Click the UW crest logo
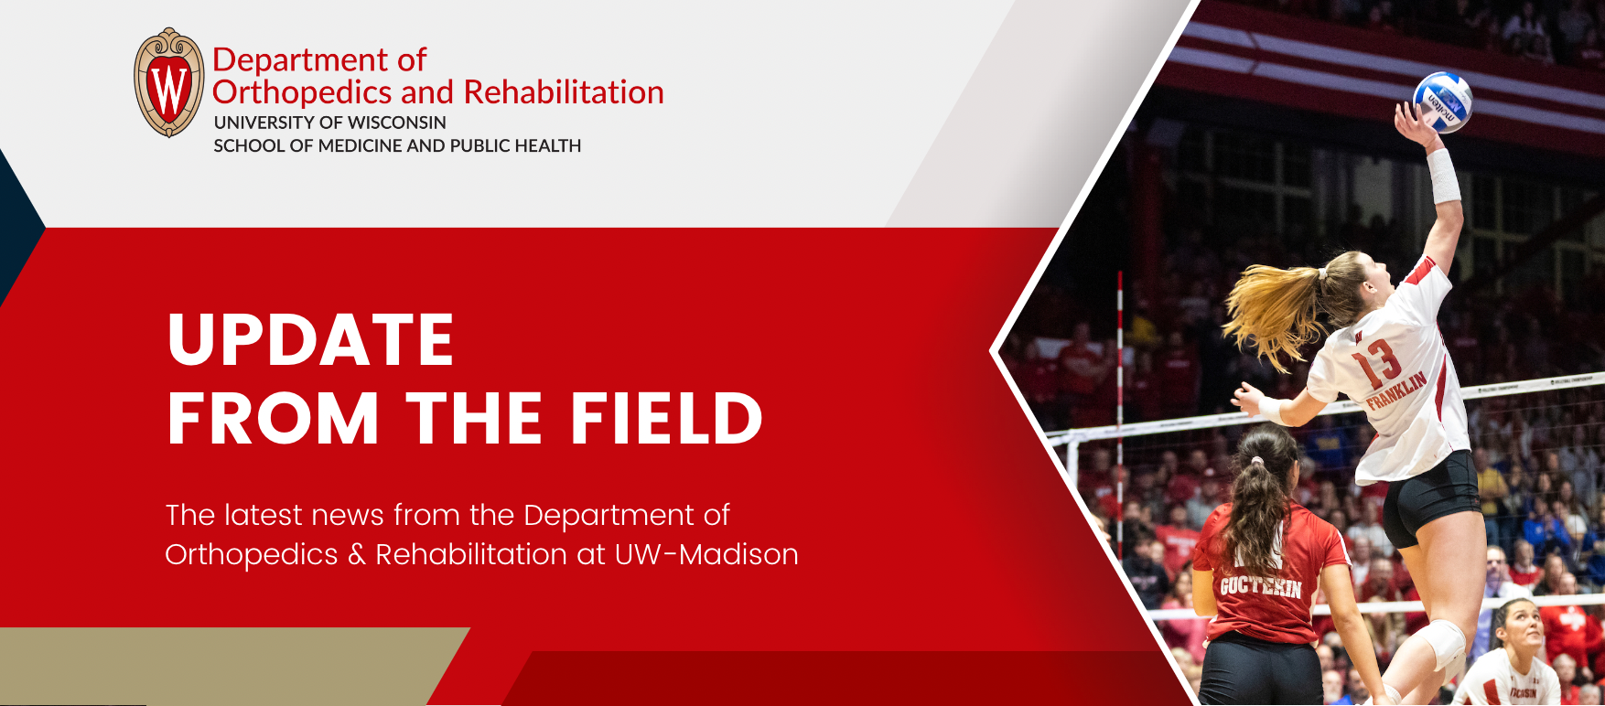169,82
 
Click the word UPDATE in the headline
311,339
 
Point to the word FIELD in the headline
667,418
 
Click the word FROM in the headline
274,418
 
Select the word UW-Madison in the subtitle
706,554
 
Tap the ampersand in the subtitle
357,554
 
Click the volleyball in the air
1443,102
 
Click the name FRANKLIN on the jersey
1396,390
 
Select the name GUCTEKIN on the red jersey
1260,585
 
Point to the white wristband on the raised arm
1443,176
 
